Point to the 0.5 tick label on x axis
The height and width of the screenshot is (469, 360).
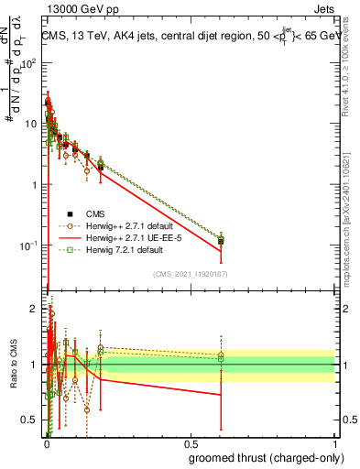pos(190,443)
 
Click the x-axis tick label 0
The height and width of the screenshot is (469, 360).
pos(46,443)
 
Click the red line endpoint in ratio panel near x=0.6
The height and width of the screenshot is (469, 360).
pos(221,395)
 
